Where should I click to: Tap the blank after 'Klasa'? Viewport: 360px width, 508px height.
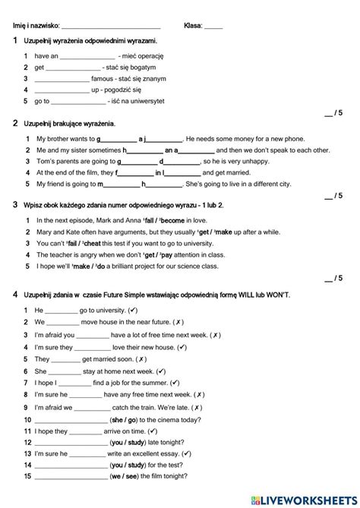click(213, 27)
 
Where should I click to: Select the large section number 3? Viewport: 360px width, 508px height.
click(15, 205)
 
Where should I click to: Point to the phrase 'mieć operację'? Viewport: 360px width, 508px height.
click(141, 56)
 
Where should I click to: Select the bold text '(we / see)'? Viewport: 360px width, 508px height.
click(128, 476)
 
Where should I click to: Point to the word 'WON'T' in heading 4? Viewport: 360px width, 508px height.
click(276, 294)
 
